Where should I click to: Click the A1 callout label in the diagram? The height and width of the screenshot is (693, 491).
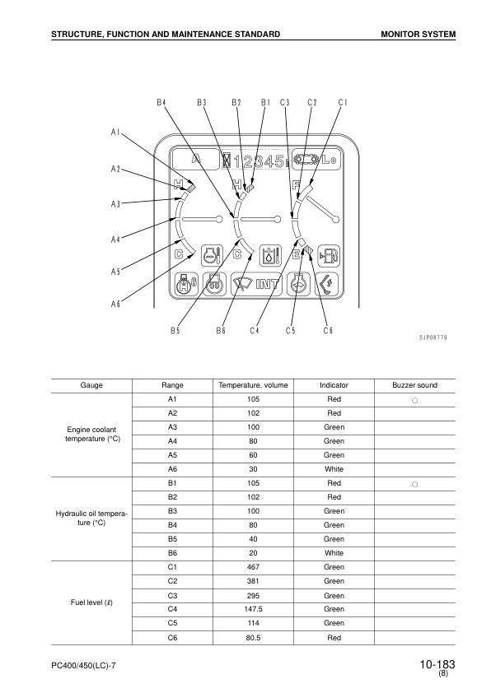tap(115, 132)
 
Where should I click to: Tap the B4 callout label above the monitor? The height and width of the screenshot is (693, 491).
tap(161, 103)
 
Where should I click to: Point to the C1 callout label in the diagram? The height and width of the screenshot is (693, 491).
tap(343, 103)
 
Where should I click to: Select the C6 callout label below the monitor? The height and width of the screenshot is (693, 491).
tap(328, 330)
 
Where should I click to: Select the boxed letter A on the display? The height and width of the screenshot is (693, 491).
tap(196, 160)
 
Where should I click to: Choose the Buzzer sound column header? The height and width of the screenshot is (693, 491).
tap(415, 385)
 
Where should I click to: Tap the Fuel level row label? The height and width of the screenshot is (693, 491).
tap(91, 602)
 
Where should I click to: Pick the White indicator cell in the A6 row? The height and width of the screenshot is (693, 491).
tap(334, 469)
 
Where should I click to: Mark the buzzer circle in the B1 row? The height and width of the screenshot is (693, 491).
tap(415, 484)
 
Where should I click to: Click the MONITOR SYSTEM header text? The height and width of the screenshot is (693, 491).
tap(418, 34)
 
